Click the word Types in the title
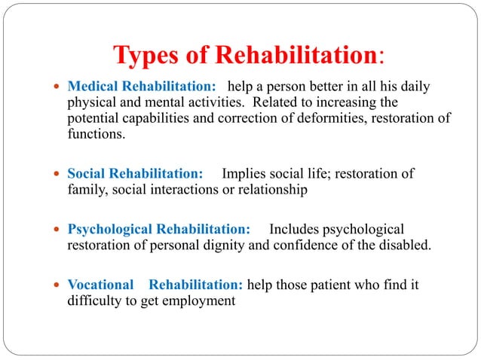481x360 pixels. pyautogui.click(x=146, y=56)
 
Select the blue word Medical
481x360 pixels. pyautogui.click(x=93, y=87)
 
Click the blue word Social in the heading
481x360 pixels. pyautogui.click(x=87, y=174)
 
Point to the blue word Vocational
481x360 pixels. pyautogui.click(x=100, y=285)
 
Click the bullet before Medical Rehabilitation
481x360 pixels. pyautogui.click(x=60, y=87)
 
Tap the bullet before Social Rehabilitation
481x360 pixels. pyautogui.click(x=60, y=175)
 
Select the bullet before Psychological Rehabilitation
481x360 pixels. pyautogui.click(x=60, y=230)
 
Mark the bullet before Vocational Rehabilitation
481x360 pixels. pyautogui.click(x=60, y=286)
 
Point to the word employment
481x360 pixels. pyautogui.click(x=198, y=301)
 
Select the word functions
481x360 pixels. pyautogui.click(x=94, y=135)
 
